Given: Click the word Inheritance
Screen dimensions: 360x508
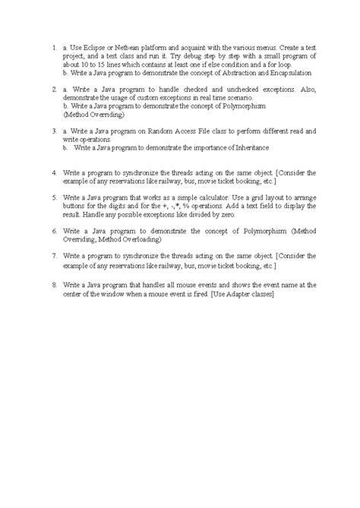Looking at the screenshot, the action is [x=251, y=147].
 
